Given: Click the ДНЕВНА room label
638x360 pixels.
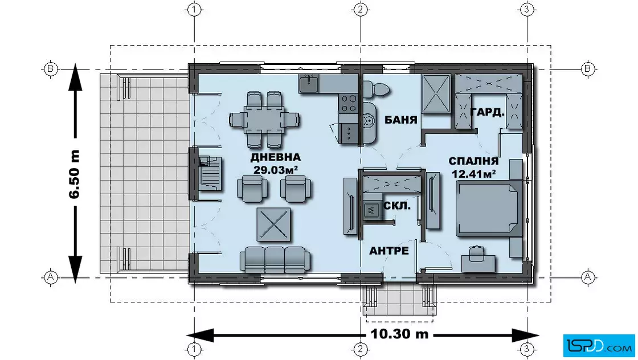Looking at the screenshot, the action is (276, 157).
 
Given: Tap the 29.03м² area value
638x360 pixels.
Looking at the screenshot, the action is (276, 170).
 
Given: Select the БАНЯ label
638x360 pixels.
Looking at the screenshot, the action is (401, 120).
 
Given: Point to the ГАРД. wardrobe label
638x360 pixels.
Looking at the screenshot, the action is (488, 112).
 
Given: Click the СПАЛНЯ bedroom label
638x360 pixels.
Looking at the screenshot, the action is (473, 161).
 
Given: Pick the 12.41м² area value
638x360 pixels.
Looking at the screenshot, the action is (473, 174).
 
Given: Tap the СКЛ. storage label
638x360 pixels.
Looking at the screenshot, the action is (396, 206).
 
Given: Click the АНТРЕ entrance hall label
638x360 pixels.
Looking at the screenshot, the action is (388, 251).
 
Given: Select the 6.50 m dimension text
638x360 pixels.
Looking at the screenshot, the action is (75, 174).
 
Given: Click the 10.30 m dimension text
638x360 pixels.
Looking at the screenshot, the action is (399, 334).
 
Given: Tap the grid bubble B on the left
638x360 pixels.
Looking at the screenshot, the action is (50, 68).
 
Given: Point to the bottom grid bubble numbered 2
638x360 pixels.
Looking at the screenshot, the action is (359, 349).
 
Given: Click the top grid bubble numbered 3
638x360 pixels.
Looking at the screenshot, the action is (526, 9).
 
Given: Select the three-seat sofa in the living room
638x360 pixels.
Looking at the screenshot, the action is (275, 259).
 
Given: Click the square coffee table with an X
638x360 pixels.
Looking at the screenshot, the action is (273, 224).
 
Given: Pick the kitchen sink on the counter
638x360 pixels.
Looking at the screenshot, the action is (309, 83).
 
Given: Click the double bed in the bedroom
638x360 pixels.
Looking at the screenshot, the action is (489, 208).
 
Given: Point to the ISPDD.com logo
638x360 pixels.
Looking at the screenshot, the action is (599, 346).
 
